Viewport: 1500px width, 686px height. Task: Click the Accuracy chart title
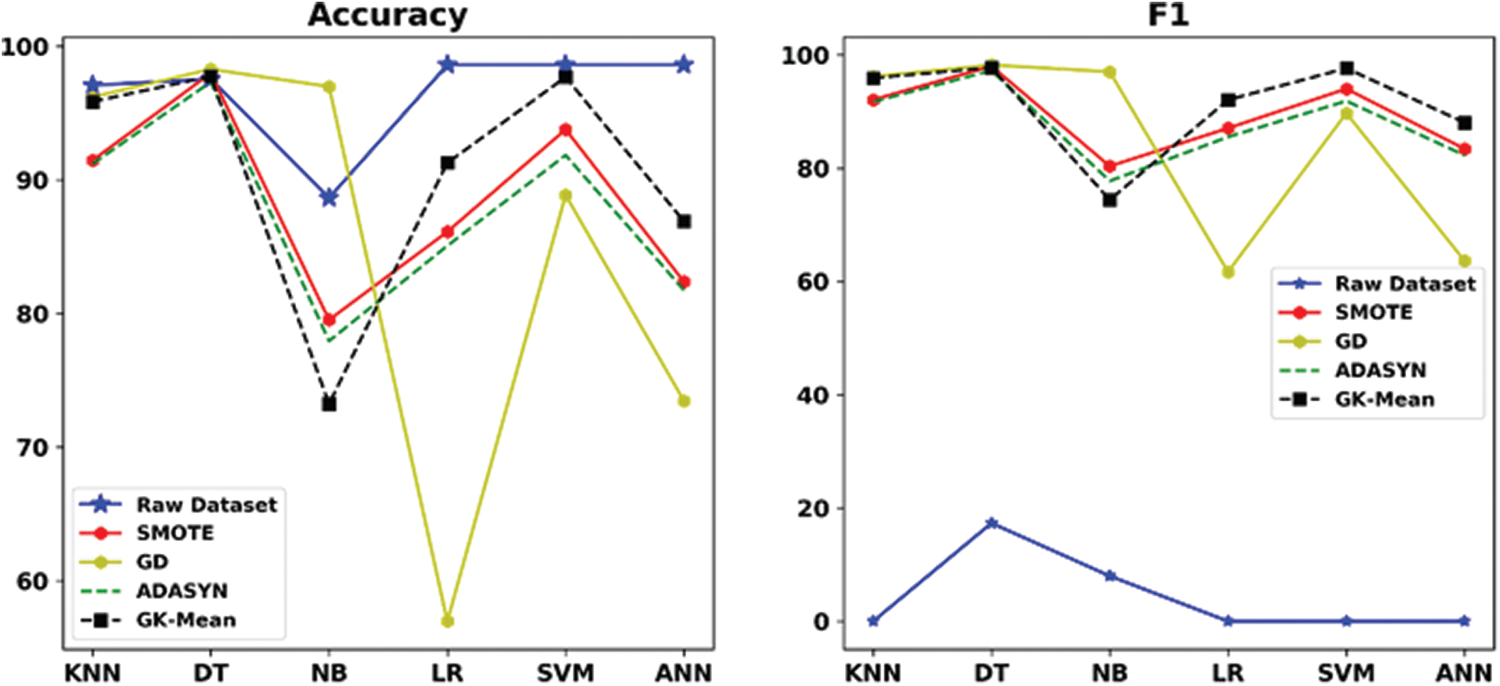(x=388, y=16)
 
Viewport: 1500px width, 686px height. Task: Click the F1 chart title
(x=1168, y=16)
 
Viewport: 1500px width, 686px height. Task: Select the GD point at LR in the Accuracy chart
(x=447, y=621)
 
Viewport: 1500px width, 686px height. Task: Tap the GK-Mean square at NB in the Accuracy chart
(x=329, y=404)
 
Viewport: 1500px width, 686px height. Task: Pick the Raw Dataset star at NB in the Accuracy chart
(x=329, y=198)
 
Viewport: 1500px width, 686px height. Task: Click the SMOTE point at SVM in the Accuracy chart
(x=565, y=130)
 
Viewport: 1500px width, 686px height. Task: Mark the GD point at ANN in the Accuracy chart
(x=684, y=401)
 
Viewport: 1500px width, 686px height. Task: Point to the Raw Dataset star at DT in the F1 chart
(x=992, y=523)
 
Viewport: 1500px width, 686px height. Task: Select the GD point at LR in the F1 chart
(x=1228, y=272)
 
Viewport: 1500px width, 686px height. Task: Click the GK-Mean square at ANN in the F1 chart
(x=1465, y=123)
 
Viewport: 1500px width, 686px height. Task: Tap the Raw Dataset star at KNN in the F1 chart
(x=873, y=621)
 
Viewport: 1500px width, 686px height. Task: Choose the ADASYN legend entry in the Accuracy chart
(x=181, y=591)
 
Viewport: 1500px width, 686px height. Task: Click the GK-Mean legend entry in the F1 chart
(x=1383, y=400)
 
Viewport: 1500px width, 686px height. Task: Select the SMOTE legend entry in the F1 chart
(x=1373, y=312)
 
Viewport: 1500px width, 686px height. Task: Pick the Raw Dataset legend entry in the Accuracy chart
(x=205, y=504)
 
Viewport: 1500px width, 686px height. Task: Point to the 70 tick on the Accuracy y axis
(x=33, y=448)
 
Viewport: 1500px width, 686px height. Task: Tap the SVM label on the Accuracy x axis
(x=565, y=673)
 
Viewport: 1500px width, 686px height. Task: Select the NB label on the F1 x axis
(x=1109, y=673)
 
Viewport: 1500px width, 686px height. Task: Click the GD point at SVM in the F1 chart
(x=1346, y=114)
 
